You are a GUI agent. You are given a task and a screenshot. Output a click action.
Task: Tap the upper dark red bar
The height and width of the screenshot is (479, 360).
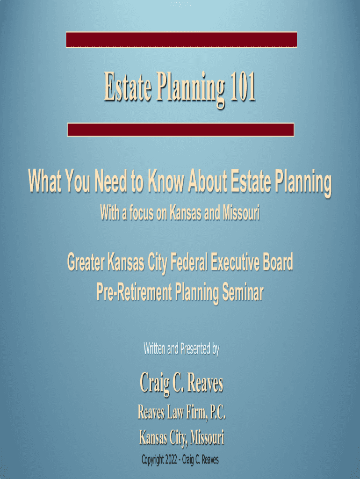click(x=181, y=39)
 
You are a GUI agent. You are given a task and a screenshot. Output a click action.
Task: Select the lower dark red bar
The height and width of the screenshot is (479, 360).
click(x=181, y=130)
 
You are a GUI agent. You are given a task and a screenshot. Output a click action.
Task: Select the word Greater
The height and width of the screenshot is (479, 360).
click(x=86, y=262)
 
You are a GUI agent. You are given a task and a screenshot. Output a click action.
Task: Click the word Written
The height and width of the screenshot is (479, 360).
click(x=155, y=348)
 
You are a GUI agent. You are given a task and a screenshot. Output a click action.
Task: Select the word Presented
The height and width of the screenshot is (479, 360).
click(x=195, y=348)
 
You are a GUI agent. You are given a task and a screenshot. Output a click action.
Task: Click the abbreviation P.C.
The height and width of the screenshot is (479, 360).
click(x=217, y=412)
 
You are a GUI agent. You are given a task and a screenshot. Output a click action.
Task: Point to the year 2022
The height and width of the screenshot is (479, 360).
click(x=171, y=459)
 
